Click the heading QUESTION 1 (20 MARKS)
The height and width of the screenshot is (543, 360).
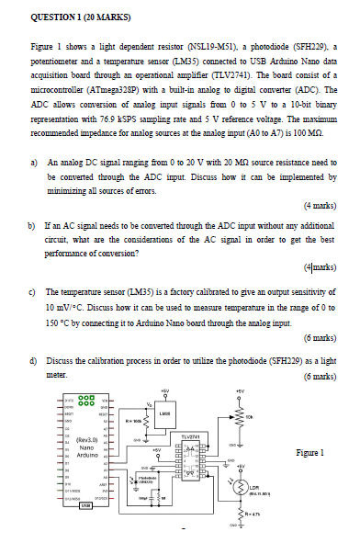77,16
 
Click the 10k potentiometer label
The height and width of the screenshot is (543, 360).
273,425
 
